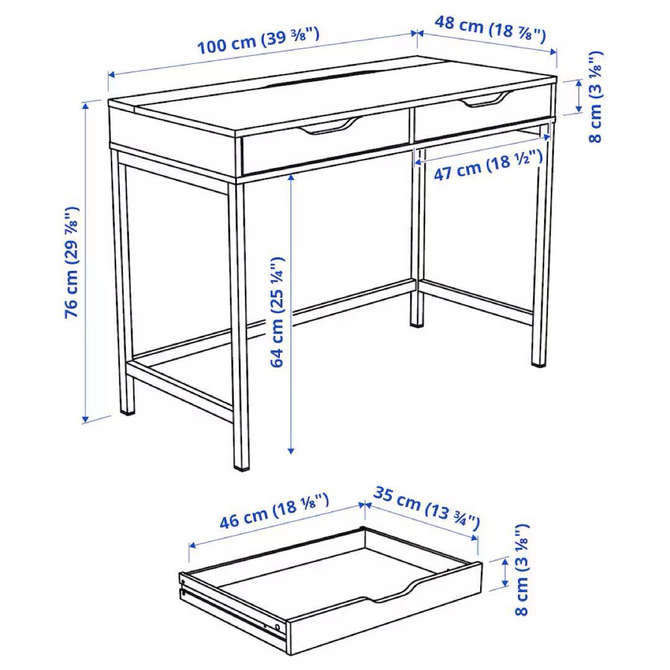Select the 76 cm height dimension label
click(73, 262)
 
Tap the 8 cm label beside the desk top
click(595, 96)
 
